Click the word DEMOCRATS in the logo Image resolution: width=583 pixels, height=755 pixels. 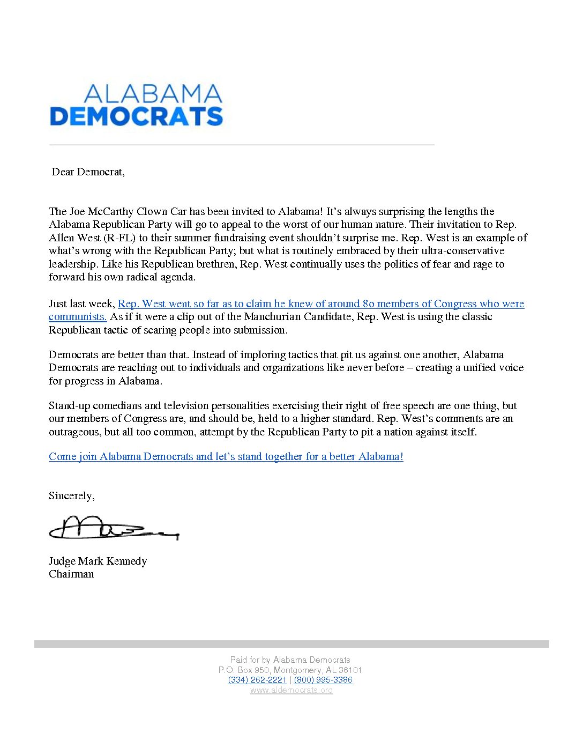pyautogui.click(x=136, y=116)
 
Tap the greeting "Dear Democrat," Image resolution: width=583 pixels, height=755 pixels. pyautogui.click(x=88, y=172)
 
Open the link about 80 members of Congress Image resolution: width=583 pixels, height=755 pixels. pyautogui.click(x=320, y=304)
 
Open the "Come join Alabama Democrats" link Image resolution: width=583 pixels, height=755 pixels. pyautogui.click(x=226, y=456)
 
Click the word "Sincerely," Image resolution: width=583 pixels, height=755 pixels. pyautogui.click(x=71, y=495)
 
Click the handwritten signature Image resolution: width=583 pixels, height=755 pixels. pyautogui.click(x=113, y=528)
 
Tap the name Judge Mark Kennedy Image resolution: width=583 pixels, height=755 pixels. pyautogui.click(x=98, y=561)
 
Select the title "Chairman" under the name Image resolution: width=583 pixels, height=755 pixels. pyautogui.click(x=71, y=574)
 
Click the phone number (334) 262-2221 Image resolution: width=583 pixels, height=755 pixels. pyautogui.click(x=257, y=680)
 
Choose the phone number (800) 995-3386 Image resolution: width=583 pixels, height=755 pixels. pyautogui.click(x=323, y=680)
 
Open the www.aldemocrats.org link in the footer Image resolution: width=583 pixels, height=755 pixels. pyautogui.click(x=291, y=690)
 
